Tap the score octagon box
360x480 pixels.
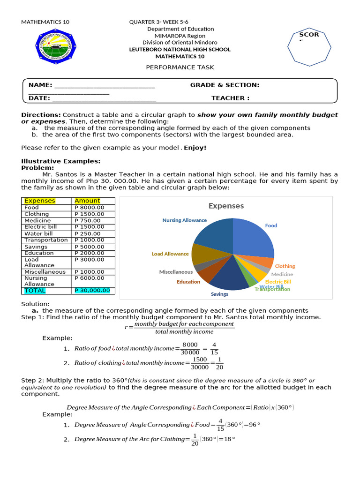(309, 46)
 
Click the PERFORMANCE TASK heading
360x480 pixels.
(180, 67)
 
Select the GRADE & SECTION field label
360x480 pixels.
(225, 85)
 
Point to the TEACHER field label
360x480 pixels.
(230, 98)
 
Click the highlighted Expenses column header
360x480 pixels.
(40, 201)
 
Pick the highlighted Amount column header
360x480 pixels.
(87, 201)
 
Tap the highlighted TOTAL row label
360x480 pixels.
(35, 291)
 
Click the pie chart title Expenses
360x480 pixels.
(226, 206)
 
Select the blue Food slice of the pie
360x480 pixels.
(253, 237)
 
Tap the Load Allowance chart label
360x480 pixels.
(170, 254)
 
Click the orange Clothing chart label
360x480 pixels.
(285, 266)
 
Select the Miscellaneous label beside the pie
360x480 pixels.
(176, 272)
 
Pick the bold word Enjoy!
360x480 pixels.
(195, 148)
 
